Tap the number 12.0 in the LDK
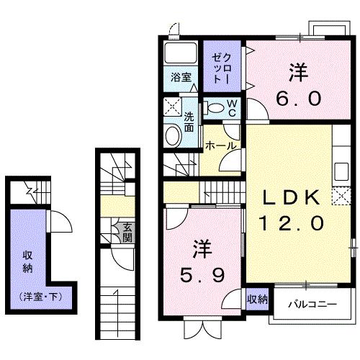[287, 223]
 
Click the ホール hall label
[221, 145]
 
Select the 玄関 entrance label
[127, 235]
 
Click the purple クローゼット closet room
[222, 67]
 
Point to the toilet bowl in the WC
[214, 108]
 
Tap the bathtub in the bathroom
[181, 54]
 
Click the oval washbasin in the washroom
[173, 136]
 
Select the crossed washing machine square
[173, 108]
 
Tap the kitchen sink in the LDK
[341, 174]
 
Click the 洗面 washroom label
[189, 123]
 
